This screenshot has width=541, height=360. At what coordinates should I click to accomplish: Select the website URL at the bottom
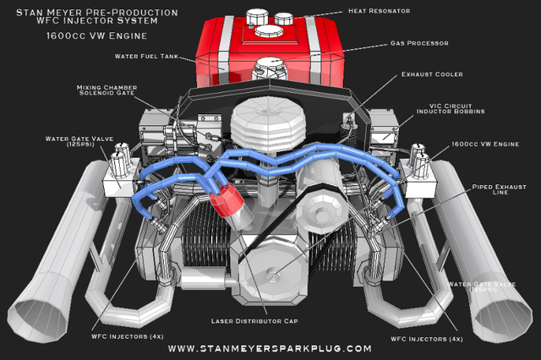pyautogui.click(x=270, y=348)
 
